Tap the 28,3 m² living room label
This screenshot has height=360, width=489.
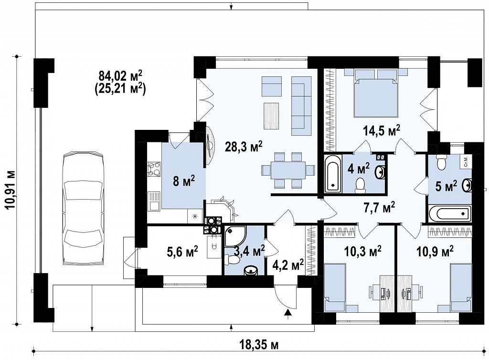[244, 147]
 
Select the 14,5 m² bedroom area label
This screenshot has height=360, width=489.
[382, 131]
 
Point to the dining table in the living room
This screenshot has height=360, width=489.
[288, 170]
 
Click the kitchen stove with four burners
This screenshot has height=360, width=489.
[154, 169]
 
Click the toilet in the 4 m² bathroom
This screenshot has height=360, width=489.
[361, 184]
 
